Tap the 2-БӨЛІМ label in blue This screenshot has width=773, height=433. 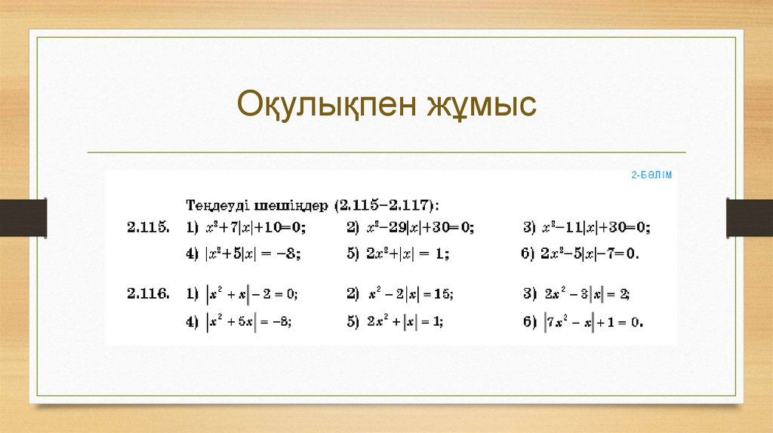click(x=651, y=175)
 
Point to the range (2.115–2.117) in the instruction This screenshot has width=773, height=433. click(x=387, y=204)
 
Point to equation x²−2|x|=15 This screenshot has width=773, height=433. click(x=411, y=293)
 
